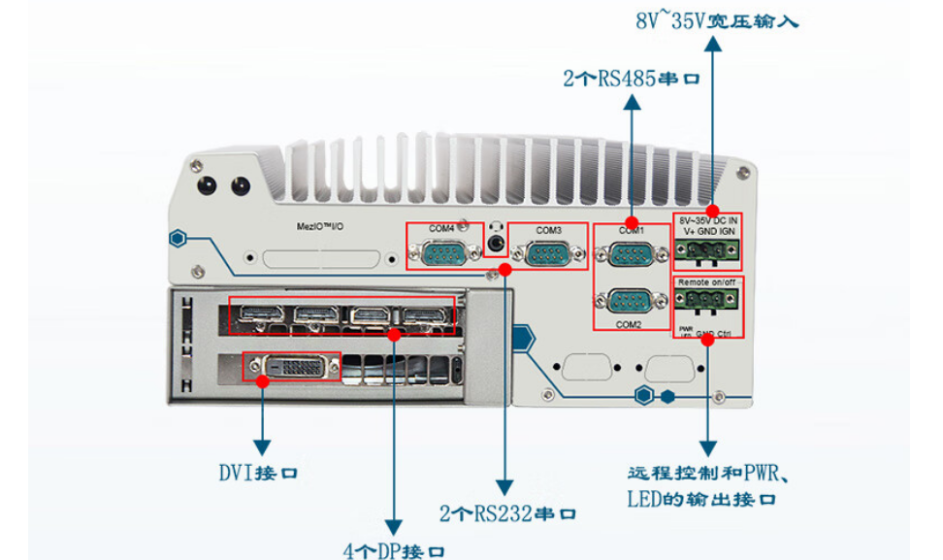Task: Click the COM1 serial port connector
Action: (x=631, y=255)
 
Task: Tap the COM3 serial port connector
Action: (x=548, y=254)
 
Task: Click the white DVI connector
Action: (x=291, y=367)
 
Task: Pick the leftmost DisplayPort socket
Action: (x=260, y=316)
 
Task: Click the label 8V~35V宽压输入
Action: (x=717, y=18)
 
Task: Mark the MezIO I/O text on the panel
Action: (x=323, y=225)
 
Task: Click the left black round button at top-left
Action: (x=206, y=185)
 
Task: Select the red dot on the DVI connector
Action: (x=263, y=381)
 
